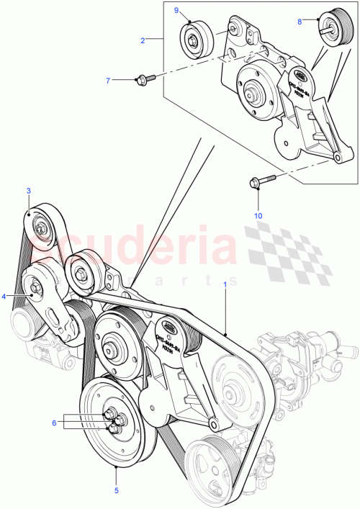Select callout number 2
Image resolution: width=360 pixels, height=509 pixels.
pos(143,40)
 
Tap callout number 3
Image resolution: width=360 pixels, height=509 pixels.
pos(28,191)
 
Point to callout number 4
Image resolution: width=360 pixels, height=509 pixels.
pos(4,296)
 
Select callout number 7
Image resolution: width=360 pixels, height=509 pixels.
pos(108,81)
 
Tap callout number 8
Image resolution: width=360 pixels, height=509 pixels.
pos(300,22)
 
